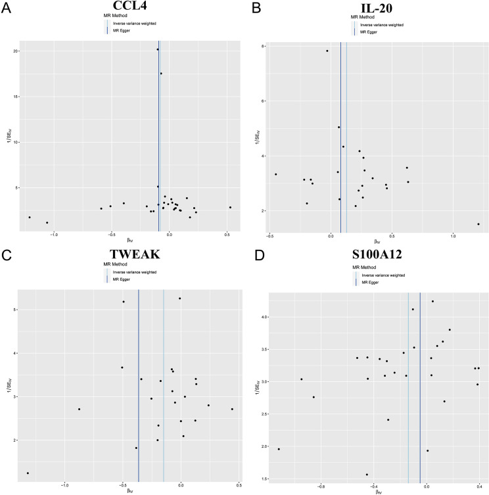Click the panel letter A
click(6, 6)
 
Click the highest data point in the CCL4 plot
click(158, 49)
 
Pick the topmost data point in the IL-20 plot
click(327, 51)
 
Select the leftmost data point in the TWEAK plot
click(28, 473)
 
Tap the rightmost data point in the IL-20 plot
click(478, 224)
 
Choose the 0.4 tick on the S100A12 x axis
click(479, 486)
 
